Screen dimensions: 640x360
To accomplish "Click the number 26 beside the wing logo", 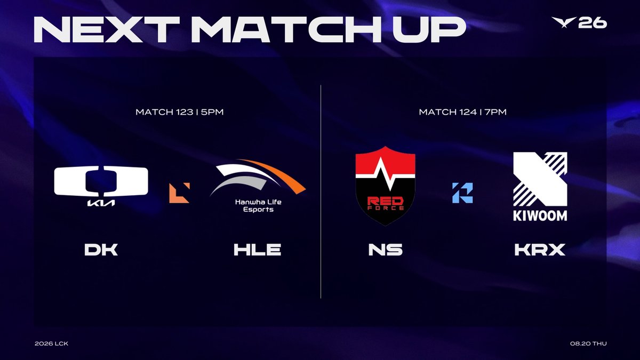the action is click(593, 23).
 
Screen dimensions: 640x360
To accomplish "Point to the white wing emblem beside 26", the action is click(564, 22).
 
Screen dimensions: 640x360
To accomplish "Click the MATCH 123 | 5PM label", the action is click(179, 112).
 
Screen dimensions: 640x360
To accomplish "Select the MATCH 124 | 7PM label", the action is click(462, 112).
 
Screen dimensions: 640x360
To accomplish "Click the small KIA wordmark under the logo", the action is click(101, 203).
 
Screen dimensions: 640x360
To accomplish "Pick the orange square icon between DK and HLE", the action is click(179, 193).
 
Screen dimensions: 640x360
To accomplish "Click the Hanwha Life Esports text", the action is click(258, 206).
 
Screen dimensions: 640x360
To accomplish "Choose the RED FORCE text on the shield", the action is click(386, 203).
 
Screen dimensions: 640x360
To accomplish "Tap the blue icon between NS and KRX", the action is click(462, 193).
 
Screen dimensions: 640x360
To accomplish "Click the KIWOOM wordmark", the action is click(540, 215).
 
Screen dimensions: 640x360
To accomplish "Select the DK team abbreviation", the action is click(101, 250).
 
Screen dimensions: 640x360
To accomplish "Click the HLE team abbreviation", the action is click(258, 250).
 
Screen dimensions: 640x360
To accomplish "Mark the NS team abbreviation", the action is click(386, 250).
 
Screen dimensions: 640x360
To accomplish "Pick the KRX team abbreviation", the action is click(540, 250).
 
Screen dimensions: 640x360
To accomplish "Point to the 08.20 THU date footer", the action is click(588, 343).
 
